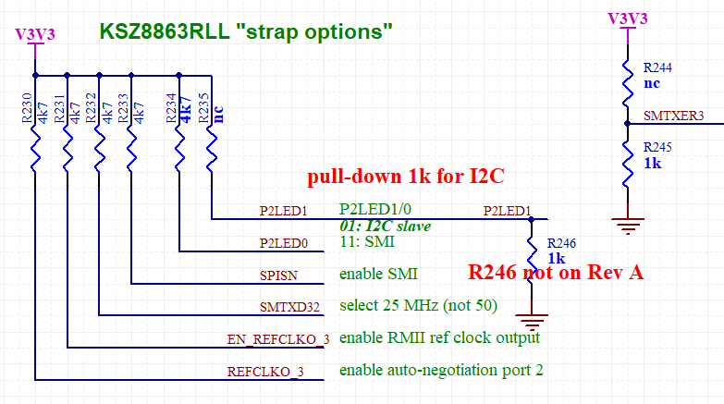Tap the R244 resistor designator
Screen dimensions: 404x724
659,67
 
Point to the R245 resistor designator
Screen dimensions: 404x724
659,147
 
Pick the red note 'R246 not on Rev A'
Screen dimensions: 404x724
555,273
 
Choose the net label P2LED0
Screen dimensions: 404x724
284,243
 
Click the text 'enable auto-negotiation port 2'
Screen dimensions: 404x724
441,371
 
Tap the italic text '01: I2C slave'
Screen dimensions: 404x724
385,226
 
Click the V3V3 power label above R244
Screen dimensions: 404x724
628,18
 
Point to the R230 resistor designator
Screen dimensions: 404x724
26,107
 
